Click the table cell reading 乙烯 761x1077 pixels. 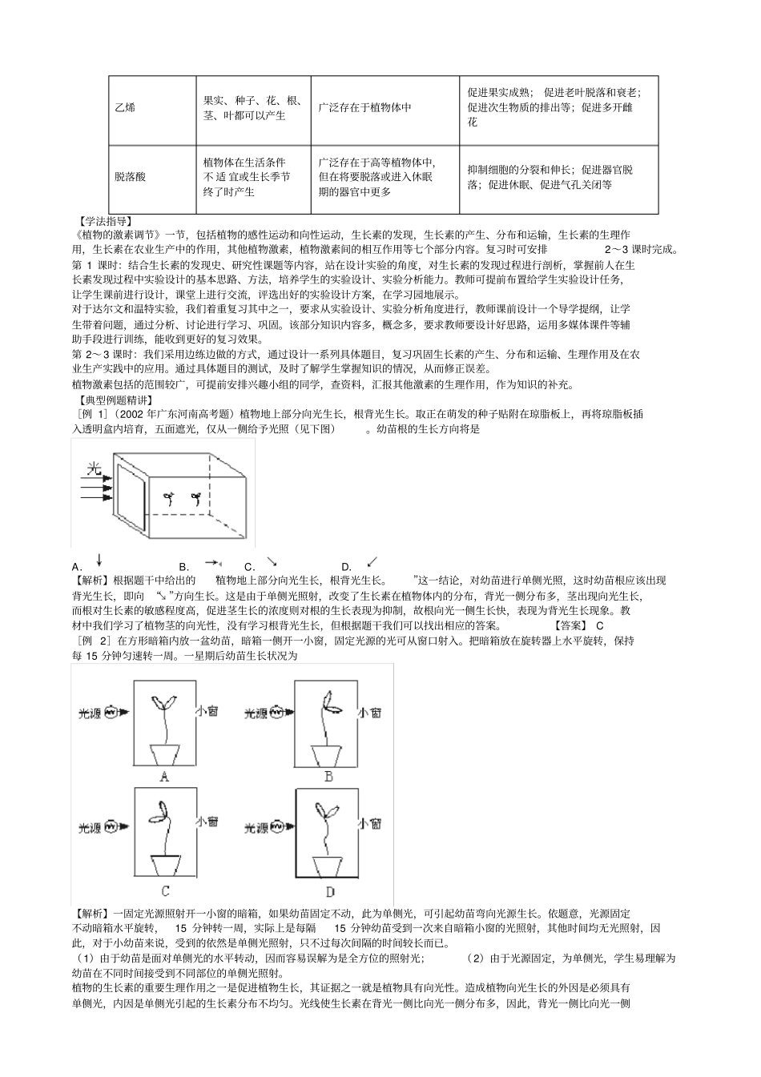pyautogui.click(x=124, y=108)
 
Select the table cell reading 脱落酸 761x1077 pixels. pyautogui.click(x=130, y=178)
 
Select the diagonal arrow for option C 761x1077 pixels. pyautogui.click(x=272, y=562)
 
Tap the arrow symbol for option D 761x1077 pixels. pyautogui.click(x=372, y=562)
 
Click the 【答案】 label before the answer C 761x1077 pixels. pyautogui.click(x=570, y=625)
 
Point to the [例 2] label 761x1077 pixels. pyautogui.click(x=94, y=641)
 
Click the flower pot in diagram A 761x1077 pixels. pyautogui.click(x=166, y=754)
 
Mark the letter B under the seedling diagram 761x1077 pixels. pyautogui.click(x=328, y=776)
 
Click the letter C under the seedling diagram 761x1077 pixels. pyautogui.click(x=165, y=890)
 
